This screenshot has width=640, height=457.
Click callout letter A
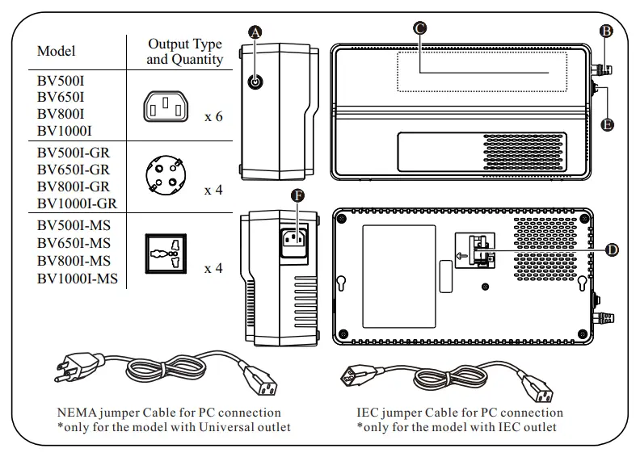tap(255, 31)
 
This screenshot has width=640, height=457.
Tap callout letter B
tap(605, 31)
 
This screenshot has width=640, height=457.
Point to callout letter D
tap(612, 249)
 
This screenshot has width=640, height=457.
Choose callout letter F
tap(298, 195)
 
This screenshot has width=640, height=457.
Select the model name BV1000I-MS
tap(78, 279)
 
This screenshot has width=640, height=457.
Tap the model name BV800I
tap(61, 115)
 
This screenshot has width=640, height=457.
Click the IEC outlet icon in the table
tap(166, 107)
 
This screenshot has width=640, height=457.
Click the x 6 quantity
tap(213, 117)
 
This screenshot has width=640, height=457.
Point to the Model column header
tap(57, 52)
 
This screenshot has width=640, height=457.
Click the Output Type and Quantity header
tap(185, 52)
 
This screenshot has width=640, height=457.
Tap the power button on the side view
tap(255, 82)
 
